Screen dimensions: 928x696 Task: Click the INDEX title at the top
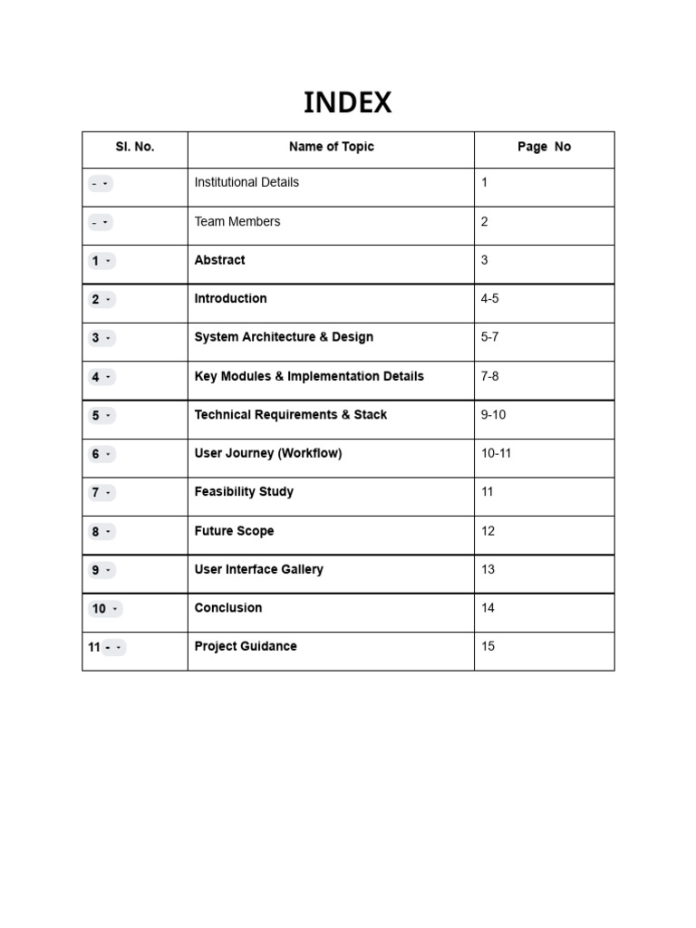click(347, 103)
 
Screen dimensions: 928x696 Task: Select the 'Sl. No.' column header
click(134, 147)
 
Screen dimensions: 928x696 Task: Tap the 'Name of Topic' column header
click(331, 147)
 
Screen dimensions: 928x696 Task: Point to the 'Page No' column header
click(544, 147)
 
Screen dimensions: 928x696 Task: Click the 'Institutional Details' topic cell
click(246, 182)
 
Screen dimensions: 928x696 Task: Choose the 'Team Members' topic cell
click(237, 221)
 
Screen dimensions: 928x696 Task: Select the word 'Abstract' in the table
click(219, 260)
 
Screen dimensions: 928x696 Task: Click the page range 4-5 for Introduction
click(489, 298)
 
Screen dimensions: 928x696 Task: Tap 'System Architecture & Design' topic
click(284, 337)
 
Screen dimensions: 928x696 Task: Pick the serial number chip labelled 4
click(101, 377)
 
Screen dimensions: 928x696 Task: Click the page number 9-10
click(493, 415)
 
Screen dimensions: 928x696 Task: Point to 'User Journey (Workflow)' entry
click(268, 453)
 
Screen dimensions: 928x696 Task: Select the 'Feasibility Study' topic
click(244, 492)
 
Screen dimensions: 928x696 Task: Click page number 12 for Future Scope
click(488, 531)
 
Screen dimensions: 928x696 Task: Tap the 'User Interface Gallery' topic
click(258, 569)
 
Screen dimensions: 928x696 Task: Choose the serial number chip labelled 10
click(104, 609)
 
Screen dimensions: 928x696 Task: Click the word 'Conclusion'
click(228, 608)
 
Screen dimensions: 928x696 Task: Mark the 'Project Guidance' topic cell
click(246, 646)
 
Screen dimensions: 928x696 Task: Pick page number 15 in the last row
click(488, 646)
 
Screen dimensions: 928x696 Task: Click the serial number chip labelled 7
click(101, 493)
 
